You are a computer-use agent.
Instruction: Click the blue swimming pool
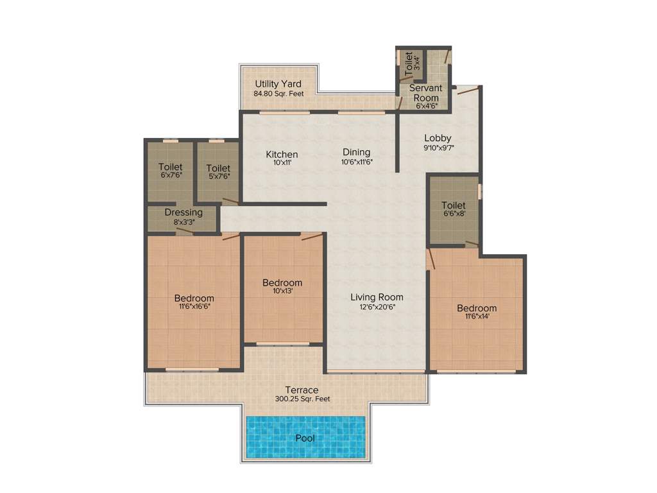(306, 438)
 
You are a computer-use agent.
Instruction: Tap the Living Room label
(377, 297)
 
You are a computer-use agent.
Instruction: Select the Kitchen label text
(282, 154)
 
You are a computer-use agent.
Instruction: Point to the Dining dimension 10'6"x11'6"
(356, 162)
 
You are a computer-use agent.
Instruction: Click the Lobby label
(438, 137)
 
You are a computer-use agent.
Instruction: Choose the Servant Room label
(425, 92)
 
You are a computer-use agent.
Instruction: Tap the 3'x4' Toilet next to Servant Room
(409, 62)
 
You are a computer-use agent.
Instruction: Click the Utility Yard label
(278, 84)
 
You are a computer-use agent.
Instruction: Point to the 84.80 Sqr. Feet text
(278, 94)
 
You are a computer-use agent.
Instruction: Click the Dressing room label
(183, 212)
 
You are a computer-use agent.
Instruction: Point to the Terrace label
(302, 390)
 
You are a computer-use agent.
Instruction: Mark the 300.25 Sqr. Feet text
(302, 399)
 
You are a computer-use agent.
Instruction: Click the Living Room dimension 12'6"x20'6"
(377, 307)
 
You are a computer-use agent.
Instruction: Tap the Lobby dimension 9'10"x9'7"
(438, 147)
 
